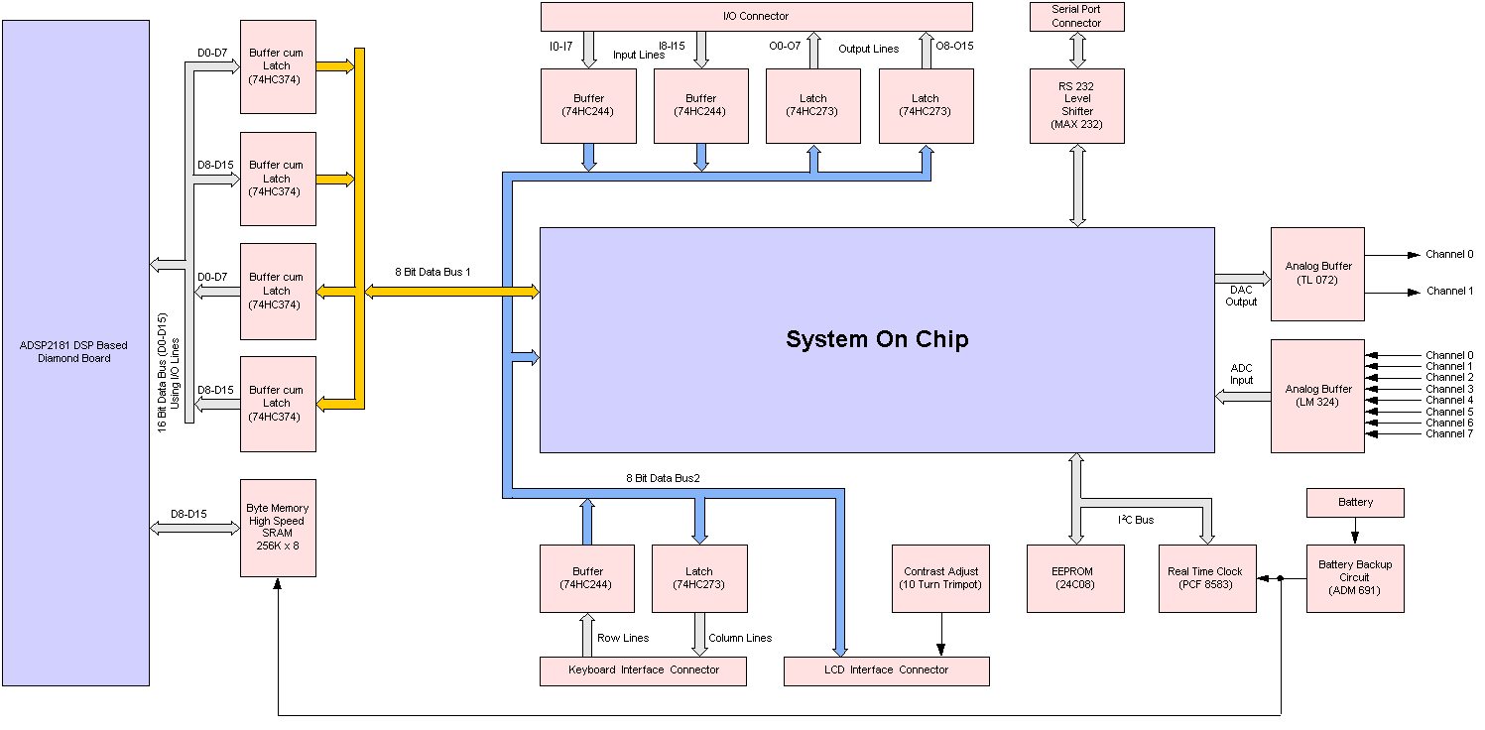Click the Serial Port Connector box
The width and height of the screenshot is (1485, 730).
[1076, 16]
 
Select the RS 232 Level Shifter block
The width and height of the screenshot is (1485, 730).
[1076, 106]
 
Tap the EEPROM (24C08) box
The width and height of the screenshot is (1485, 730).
[1075, 578]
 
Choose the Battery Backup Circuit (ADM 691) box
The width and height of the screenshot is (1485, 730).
[1354, 578]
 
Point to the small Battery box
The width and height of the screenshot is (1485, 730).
[1355, 502]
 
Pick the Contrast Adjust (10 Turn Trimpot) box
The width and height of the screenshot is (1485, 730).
[940, 578]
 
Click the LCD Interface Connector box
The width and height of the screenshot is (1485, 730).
[886, 670]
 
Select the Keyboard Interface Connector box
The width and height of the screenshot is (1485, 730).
[643, 670]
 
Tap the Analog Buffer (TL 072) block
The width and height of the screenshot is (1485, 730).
[1317, 273]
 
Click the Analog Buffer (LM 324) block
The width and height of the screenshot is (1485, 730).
[1317, 396]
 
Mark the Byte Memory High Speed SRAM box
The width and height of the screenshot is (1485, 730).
[278, 527]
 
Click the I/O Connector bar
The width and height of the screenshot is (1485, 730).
[756, 16]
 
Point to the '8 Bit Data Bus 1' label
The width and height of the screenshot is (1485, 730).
[433, 271]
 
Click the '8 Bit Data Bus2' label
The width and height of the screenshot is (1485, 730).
[663, 478]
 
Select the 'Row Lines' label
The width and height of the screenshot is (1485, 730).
[623, 638]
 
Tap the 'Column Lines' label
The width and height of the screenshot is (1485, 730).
[740, 638]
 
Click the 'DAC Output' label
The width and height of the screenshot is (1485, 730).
[1241, 296]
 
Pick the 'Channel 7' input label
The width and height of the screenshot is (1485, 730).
[1449, 433]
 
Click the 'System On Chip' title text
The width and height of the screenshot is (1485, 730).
[877, 339]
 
